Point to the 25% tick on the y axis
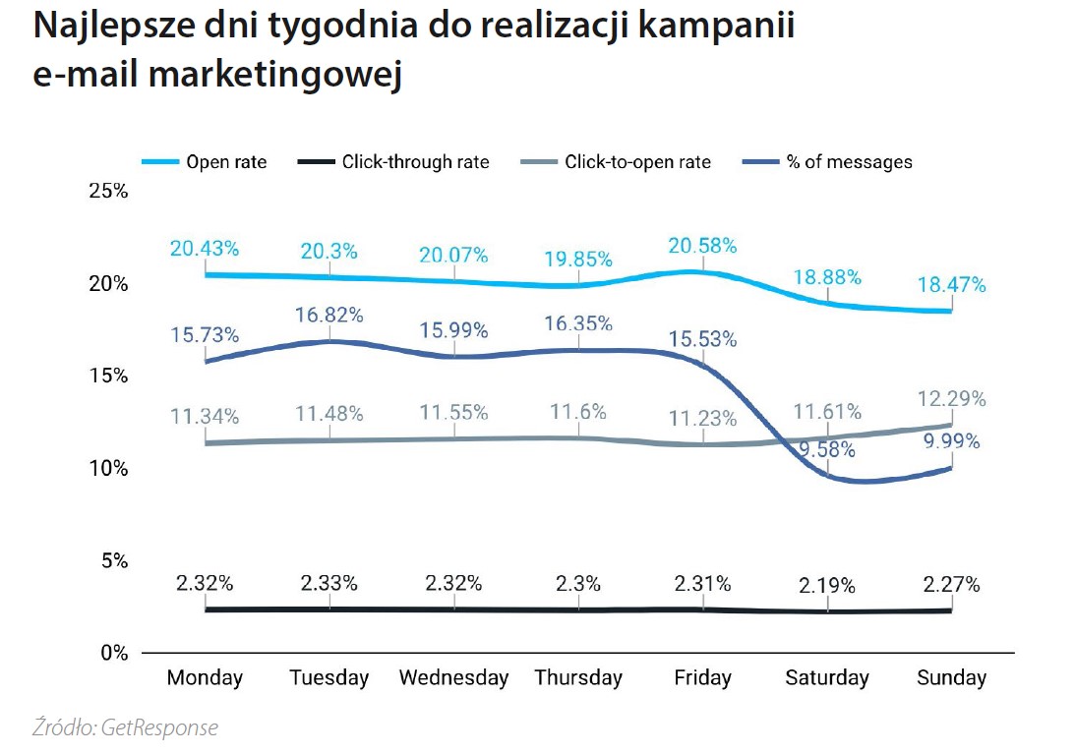click(107, 191)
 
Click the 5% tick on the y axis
click(113, 560)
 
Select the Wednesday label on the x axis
click(453, 678)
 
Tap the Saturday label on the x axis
click(827, 678)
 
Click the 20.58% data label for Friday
click(702, 246)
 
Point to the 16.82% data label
click(329, 315)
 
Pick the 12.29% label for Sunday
click(951, 400)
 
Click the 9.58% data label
click(826, 450)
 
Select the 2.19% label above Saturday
click(826, 586)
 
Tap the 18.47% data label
click(951, 286)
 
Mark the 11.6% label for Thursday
click(578, 412)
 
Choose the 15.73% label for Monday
click(204, 335)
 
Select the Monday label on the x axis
click(205, 678)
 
